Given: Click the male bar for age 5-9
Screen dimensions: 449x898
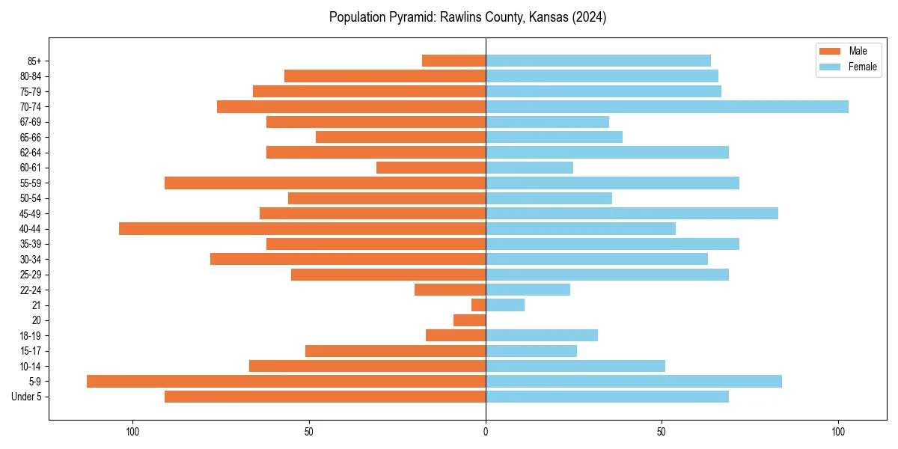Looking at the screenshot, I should [x=286, y=381].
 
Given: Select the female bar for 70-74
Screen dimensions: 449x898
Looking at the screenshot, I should [x=667, y=106].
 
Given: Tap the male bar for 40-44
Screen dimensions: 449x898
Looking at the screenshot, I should [x=302, y=228].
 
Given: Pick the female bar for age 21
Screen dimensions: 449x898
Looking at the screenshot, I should [x=505, y=305].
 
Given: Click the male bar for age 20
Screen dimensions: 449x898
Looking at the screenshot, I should [x=469, y=320].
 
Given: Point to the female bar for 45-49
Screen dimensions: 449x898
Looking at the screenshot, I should [x=632, y=213].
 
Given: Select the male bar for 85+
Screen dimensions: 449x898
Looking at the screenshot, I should [x=453, y=61].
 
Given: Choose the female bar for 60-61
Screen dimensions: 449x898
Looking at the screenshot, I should [x=529, y=168].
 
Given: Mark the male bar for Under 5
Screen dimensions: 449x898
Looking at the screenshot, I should [x=325, y=397].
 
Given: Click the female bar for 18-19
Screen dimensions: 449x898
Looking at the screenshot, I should [x=542, y=335].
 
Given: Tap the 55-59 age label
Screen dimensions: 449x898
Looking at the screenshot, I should [x=31, y=183].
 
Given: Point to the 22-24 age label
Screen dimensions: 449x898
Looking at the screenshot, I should [x=31, y=290].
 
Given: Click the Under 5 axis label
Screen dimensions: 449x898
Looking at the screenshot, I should [x=26, y=397].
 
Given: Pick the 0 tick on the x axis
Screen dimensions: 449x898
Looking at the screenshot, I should [x=486, y=432].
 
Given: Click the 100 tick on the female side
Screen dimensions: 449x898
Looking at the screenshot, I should [x=838, y=432].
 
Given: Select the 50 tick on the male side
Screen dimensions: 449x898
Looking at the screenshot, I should [x=309, y=432].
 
